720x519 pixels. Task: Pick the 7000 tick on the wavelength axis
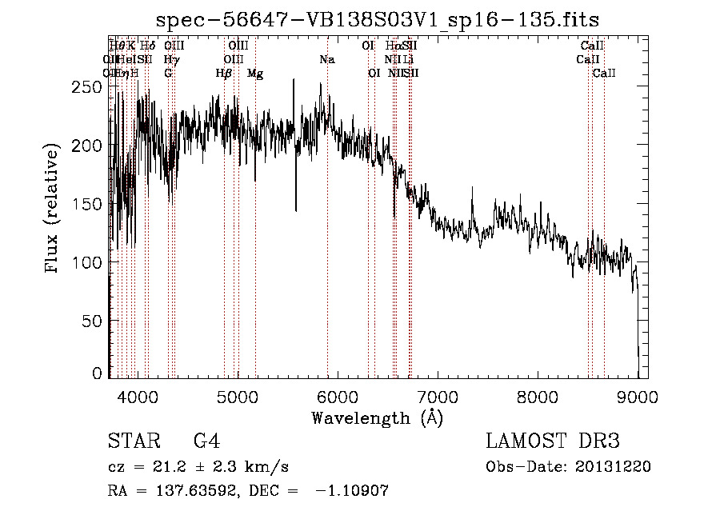(438, 394)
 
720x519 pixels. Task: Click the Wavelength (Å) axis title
(377, 417)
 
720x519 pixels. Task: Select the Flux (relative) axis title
(54, 210)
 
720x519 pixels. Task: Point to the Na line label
(326, 59)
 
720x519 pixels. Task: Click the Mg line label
(255, 74)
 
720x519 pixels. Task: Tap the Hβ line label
(224, 73)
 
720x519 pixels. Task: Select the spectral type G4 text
(206, 441)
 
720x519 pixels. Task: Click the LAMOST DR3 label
(553, 441)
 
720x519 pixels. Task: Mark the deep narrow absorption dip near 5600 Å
(296, 210)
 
